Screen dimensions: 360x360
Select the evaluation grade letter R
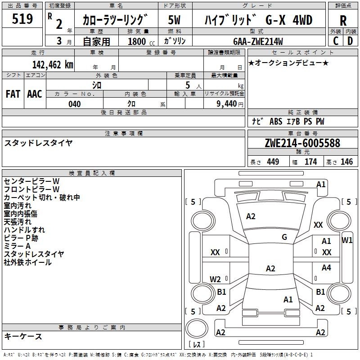tap(343, 21)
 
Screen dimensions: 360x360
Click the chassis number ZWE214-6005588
tap(302, 143)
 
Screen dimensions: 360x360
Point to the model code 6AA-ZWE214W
tap(258, 42)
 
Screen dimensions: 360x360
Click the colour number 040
tap(74, 104)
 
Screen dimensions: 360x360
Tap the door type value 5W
tap(174, 20)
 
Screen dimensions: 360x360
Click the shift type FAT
tap(13, 94)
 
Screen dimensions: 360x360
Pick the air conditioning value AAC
tap(35, 94)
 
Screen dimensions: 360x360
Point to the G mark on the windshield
tap(284, 237)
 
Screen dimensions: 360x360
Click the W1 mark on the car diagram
tap(347, 240)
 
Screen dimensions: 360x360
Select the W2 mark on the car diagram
tap(216, 279)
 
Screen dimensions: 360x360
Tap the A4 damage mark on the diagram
tap(326, 268)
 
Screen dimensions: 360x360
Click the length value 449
tap(272, 162)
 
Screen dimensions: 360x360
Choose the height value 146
tap(346, 162)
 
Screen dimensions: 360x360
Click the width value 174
tap(310, 162)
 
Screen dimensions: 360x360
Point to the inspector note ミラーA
tap(18, 246)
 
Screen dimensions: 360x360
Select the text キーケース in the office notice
tap(23, 336)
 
